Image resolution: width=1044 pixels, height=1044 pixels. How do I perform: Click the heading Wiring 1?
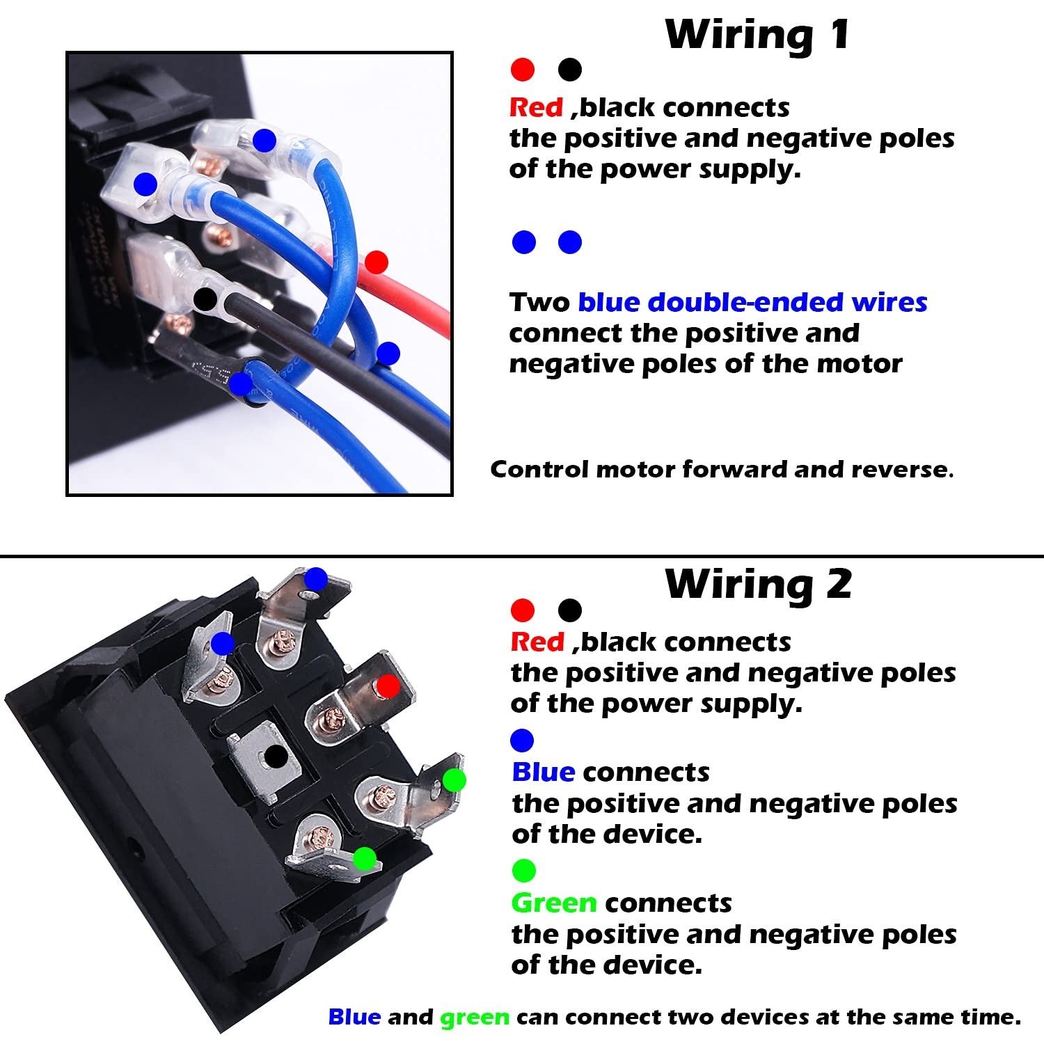(x=757, y=34)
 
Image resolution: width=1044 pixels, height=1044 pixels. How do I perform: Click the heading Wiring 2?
(x=759, y=583)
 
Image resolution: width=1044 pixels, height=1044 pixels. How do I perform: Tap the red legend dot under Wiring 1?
(x=523, y=70)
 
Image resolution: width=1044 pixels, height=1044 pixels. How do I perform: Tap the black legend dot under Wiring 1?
(x=570, y=70)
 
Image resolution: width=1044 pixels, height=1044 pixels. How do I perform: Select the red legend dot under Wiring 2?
(x=523, y=610)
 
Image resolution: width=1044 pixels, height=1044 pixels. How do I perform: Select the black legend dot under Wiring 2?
(x=570, y=610)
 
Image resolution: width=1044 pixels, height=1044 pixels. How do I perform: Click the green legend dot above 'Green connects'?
(x=523, y=870)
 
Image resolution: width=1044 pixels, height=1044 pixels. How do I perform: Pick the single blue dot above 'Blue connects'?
(x=522, y=740)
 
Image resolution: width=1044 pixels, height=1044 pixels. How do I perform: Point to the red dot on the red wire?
(x=376, y=262)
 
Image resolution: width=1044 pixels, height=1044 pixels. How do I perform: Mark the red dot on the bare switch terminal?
(x=388, y=687)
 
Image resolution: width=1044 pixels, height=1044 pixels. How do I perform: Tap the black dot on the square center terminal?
(x=276, y=756)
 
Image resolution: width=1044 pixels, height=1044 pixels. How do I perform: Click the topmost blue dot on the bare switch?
(x=316, y=578)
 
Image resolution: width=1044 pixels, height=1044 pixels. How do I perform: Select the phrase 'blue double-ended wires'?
(x=752, y=302)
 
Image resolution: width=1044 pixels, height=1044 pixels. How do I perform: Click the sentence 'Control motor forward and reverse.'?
(x=722, y=469)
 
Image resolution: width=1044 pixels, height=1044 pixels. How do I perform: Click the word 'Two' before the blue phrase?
(x=539, y=302)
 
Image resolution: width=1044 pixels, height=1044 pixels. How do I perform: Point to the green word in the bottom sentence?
(x=474, y=1018)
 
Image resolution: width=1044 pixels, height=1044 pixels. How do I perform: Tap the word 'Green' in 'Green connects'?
(x=553, y=903)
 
